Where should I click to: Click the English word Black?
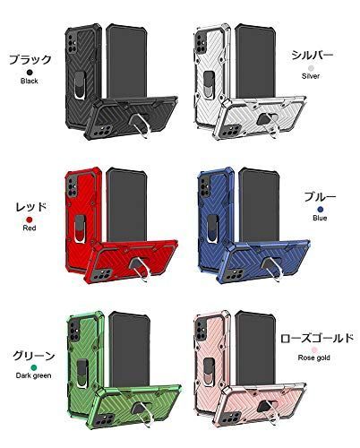pyautogui.click(x=30, y=81)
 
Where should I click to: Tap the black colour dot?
pyautogui.click(x=30, y=73)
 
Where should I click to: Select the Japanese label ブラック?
pyautogui.click(x=30, y=60)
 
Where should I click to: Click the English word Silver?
pyautogui.click(x=311, y=76)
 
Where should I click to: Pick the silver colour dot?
pyautogui.click(x=311, y=68)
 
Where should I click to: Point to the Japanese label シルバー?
pyautogui.click(x=312, y=56)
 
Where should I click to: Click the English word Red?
pyautogui.click(x=30, y=228)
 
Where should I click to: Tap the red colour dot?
pyautogui.click(x=30, y=220)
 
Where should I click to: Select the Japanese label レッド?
pyautogui.click(x=31, y=207)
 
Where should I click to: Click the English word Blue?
pyautogui.click(x=320, y=218)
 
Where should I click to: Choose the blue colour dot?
pyautogui.click(x=321, y=210)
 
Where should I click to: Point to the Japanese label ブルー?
pyautogui.click(x=320, y=197)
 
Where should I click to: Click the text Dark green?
pyautogui.click(x=33, y=375)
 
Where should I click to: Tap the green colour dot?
pyautogui.click(x=34, y=367)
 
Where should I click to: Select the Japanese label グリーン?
pyautogui.click(x=34, y=356)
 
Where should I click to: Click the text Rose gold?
pyautogui.click(x=313, y=358)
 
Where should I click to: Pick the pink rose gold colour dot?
pyautogui.click(x=314, y=349)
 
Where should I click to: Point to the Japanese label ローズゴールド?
pyautogui.click(x=317, y=338)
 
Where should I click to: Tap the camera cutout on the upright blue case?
pyautogui.click(x=205, y=185)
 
